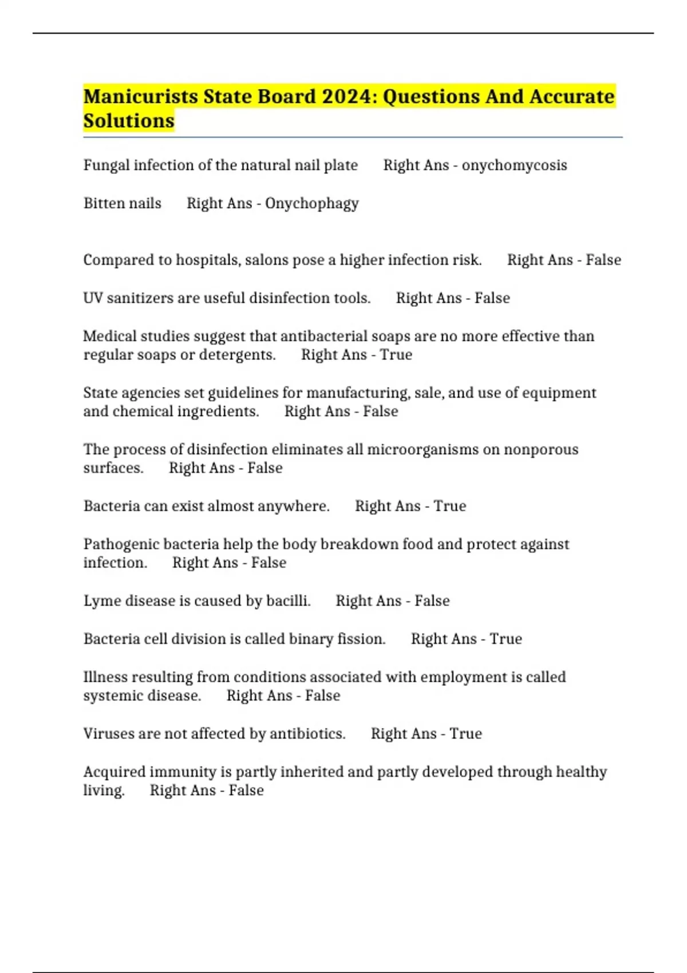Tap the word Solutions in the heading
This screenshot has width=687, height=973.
[129, 121]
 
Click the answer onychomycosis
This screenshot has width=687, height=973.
[514, 165]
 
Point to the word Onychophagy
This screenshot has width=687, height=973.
[312, 204]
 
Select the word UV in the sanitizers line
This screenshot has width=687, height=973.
[93, 298]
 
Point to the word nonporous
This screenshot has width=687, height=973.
[541, 449]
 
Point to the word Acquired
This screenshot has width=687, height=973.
[114, 772]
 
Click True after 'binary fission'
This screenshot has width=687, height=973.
[506, 639]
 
